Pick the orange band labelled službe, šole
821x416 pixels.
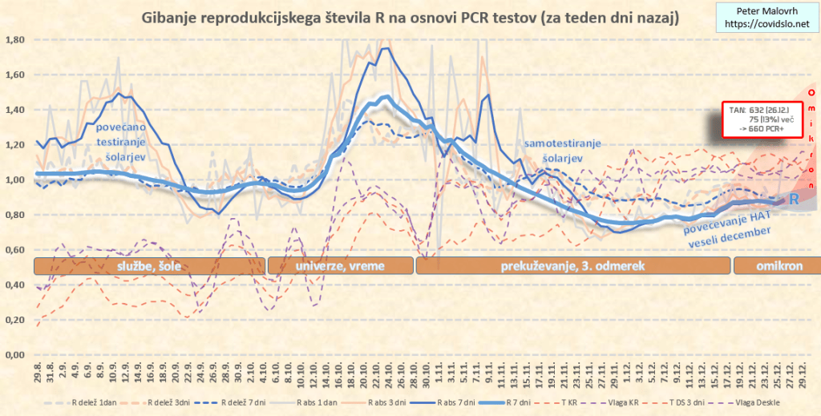(x=148, y=266)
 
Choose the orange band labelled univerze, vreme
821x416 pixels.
(x=340, y=266)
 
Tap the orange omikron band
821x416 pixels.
(x=774, y=266)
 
